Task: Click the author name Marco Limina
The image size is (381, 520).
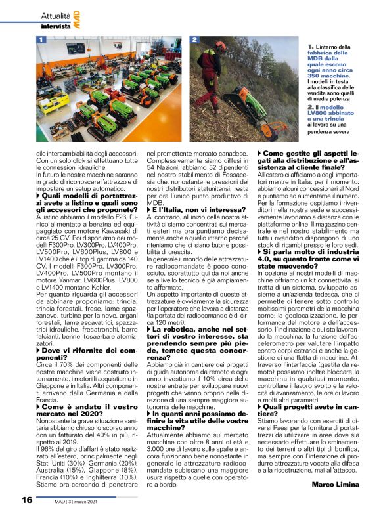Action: (334, 484)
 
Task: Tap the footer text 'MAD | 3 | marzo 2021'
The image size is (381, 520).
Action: (83, 500)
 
